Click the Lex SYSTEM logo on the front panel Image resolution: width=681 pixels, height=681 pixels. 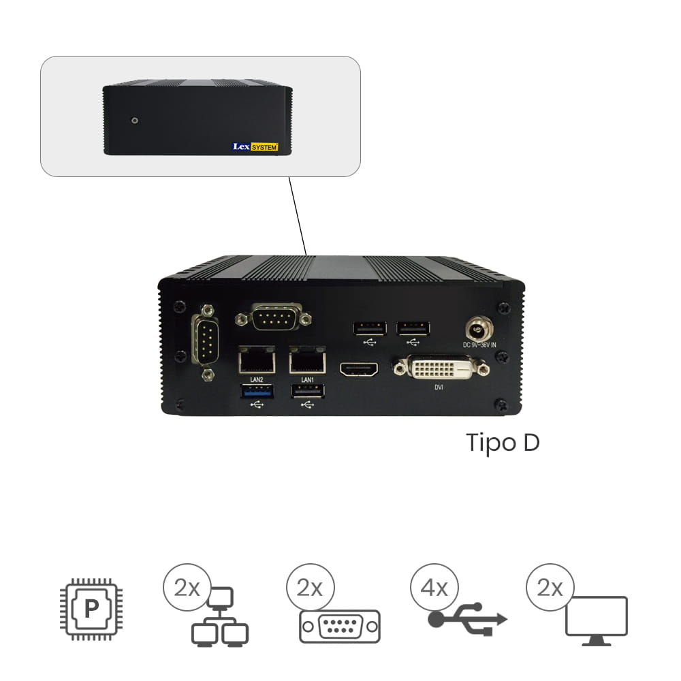click(255, 147)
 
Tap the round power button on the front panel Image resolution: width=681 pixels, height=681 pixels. click(135, 120)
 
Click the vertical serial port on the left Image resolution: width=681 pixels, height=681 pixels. click(206, 342)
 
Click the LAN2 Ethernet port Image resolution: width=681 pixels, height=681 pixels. click(257, 360)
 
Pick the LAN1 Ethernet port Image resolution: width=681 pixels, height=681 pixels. click(308, 360)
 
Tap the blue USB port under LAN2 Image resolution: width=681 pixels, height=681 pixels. click(257, 392)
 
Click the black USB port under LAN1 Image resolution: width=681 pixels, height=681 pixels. click(308, 392)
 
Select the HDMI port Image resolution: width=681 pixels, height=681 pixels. click(359, 370)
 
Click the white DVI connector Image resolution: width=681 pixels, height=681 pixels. click(441, 368)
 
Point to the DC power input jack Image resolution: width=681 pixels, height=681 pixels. click(479, 329)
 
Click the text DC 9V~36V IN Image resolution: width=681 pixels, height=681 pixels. click(479, 345)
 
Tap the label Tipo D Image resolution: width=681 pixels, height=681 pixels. click(503, 443)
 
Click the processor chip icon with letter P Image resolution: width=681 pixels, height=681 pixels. click(91, 609)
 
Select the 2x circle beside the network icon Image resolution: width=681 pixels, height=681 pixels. click(187, 588)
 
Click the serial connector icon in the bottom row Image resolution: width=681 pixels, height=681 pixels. click(340, 627)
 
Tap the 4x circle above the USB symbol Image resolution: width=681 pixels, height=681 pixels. click(434, 588)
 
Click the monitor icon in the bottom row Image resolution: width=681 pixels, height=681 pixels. click(597, 621)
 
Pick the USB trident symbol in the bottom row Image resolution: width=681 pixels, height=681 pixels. click(468, 619)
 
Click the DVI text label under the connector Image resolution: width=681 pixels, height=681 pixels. click(439, 387)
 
